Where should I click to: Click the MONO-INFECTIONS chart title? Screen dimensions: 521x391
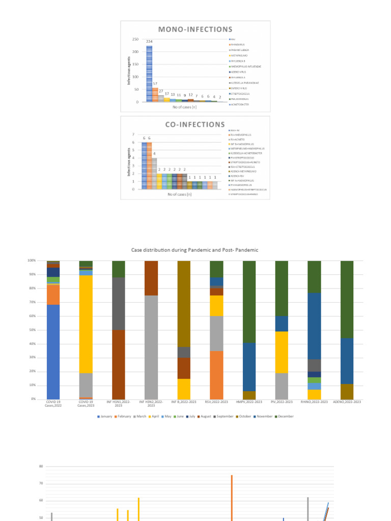coord(195,30)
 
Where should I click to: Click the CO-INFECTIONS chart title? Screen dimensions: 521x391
coord(195,124)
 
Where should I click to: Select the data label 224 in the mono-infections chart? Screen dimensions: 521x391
coord(150,42)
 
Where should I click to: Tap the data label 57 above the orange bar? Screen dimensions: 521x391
coord(155,83)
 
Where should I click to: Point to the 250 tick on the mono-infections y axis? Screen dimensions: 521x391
coord(135,39)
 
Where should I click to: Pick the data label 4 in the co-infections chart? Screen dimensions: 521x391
coord(155,154)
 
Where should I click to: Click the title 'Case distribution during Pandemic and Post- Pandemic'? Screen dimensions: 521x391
coord(195,250)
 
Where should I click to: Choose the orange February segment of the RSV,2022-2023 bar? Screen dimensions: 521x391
coord(216,374)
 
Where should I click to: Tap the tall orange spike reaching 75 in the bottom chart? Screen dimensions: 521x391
coord(232,496)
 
